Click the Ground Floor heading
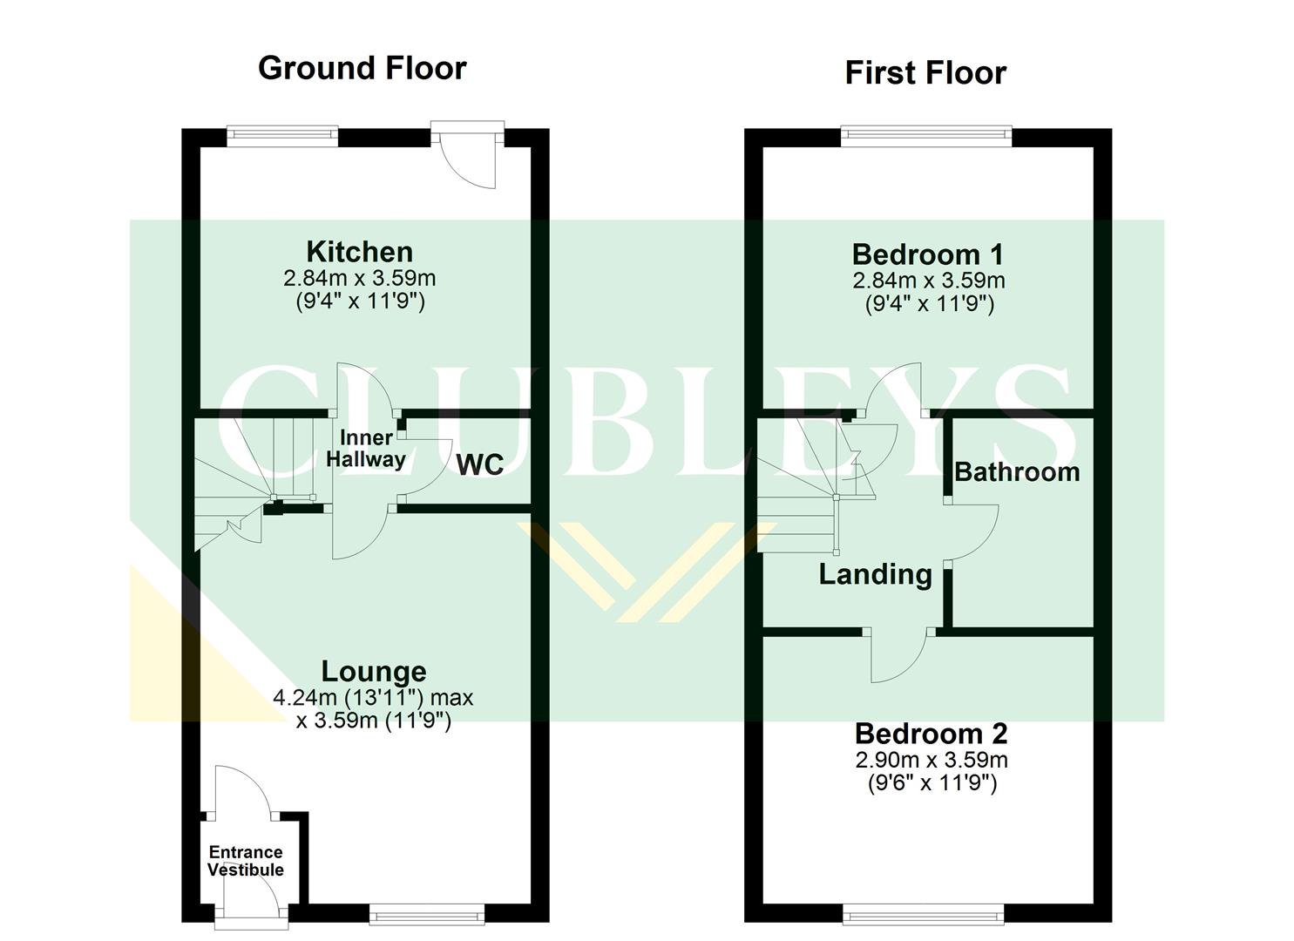(362, 68)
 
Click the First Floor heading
(925, 72)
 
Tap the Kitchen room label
(359, 252)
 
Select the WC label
(480, 464)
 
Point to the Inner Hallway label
(366, 449)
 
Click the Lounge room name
(374, 671)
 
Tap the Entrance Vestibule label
(246, 861)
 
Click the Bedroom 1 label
(927, 254)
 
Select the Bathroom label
(1017, 471)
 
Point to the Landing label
(875, 574)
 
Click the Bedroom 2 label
(931, 734)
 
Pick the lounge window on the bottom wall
(427, 913)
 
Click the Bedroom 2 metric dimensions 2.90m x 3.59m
(931, 760)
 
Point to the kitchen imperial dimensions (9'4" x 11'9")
(359, 302)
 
